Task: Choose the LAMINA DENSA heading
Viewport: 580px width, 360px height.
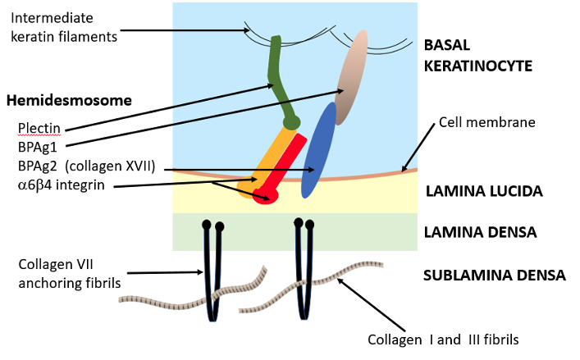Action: click(480, 232)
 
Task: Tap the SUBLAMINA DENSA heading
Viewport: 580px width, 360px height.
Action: click(494, 275)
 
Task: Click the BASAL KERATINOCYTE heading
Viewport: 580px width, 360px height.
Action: click(478, 54)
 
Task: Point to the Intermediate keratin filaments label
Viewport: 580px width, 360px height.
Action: click(66, 26)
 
